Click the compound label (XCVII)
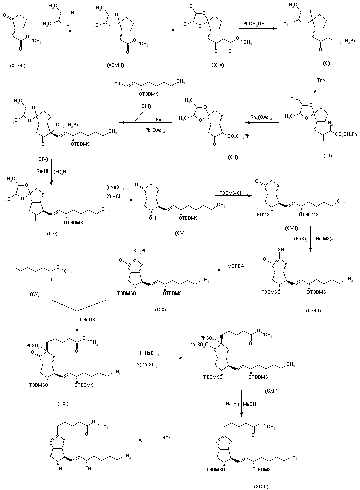pyautogui.click(x=18, y=66)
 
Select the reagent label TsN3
pyautogui.click(x=322, y=80)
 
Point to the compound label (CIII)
pyautogui.click(x=145, y=106)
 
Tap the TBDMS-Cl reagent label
pyautogui.click(x=230, y=193)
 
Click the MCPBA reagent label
pyautogui.click(x=236, y=266)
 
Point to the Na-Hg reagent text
pyautogui.click(x=232, y=404)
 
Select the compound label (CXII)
pyautogui.click(x=271, y=391)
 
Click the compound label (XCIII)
pyautogui.click(x=261, y=486)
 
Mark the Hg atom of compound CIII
pyautogui.click(x=117, y=83)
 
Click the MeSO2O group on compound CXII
pyautogui.click(x=199, y=345)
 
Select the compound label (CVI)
pyautogui.click(x=181, y=233)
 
